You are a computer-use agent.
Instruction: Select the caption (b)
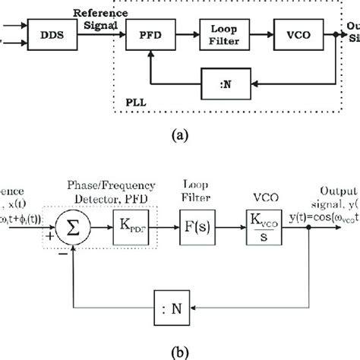coord(180,351)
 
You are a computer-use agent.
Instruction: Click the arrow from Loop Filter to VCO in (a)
coord(262,33)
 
